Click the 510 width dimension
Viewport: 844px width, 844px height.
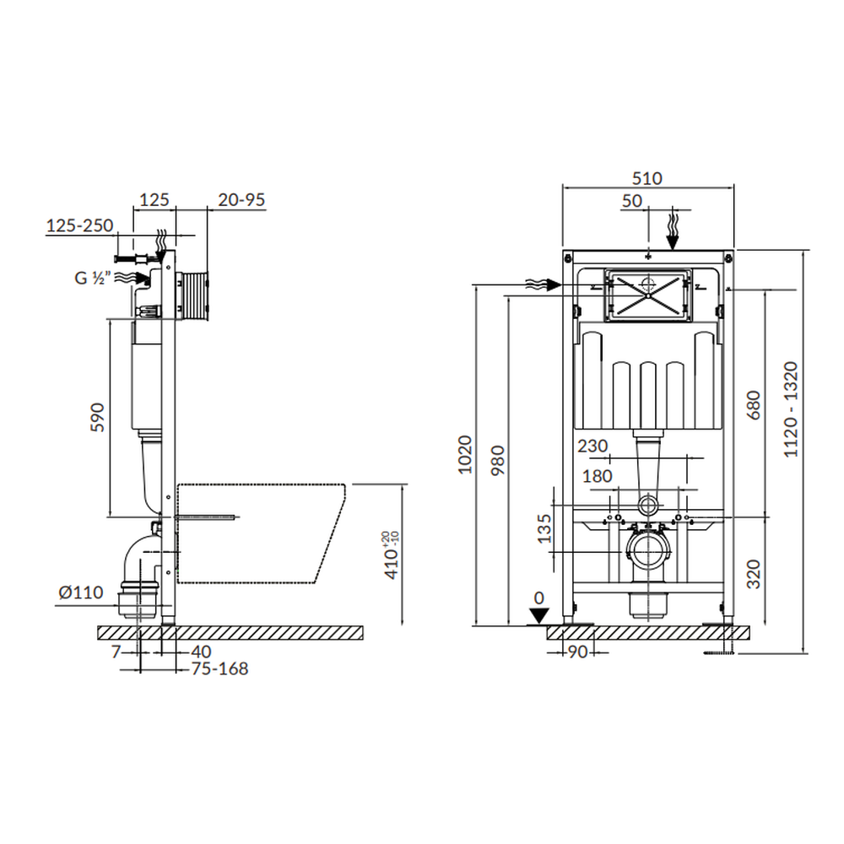647,178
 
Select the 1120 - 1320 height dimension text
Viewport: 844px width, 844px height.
790,409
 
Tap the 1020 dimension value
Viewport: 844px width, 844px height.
464,455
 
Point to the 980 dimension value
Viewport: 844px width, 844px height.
499,460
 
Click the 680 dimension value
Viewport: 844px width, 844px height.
754,405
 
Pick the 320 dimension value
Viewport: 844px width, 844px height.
754,574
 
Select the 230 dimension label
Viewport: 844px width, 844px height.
592,446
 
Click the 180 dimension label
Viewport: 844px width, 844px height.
597,476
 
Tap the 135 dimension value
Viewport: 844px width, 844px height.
544,528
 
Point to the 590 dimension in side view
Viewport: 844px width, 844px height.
97,417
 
